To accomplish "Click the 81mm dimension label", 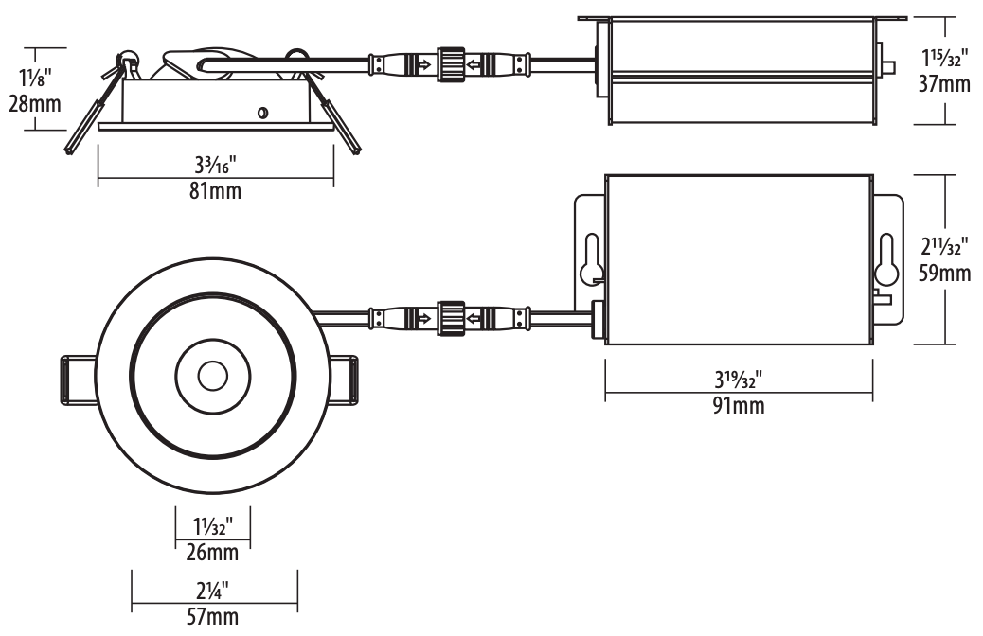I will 216,191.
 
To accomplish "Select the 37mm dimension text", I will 944,85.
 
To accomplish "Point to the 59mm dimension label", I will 944,274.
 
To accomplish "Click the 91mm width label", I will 738,407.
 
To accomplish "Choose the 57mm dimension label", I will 212,617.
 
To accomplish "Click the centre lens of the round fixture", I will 212,376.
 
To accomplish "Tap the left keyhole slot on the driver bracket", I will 591,258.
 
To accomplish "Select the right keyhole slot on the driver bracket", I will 886,258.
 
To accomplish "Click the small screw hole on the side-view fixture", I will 262,114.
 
